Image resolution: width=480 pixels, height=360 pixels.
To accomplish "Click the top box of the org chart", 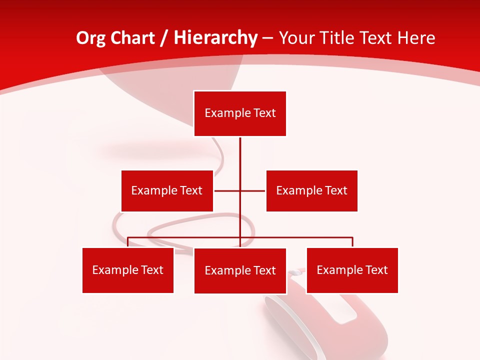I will (x=240, y=113).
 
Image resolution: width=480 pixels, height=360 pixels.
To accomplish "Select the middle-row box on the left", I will (x=167, y=190).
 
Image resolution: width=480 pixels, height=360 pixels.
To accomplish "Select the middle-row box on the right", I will (x=311, y=190).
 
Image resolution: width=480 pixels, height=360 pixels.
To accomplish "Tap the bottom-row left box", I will (x=128, y=270).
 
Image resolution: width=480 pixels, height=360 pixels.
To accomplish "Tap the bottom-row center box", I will (x=240, y=270).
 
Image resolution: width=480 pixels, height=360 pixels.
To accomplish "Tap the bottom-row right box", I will (x=352, y=270).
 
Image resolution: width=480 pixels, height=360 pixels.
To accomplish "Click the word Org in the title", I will (x=90, y=38).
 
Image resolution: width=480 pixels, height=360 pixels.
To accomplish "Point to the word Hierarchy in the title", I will (x=215, y=38).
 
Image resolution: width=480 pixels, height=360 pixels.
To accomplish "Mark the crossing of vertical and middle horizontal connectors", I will (x=240, y=190).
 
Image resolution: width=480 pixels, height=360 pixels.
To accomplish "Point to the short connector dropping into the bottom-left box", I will (x=128, y=242).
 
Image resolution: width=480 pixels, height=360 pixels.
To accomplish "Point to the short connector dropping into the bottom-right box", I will (x=352, y=242).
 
